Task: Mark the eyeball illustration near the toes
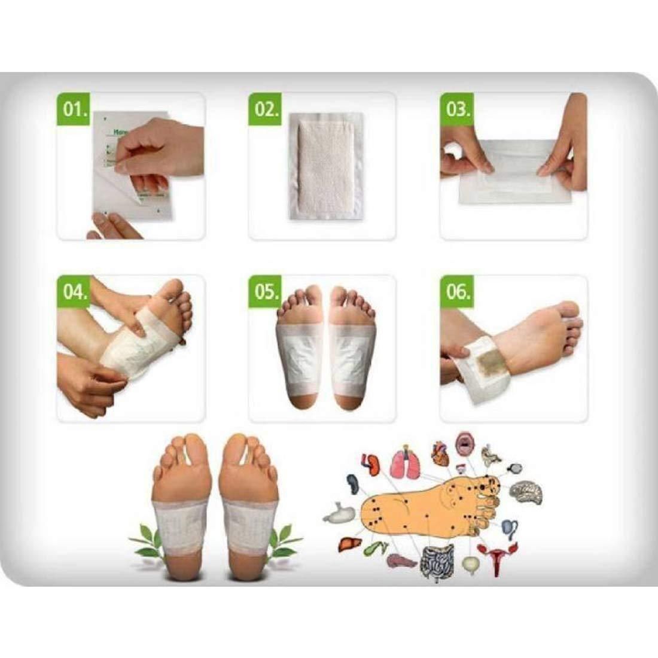514,468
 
